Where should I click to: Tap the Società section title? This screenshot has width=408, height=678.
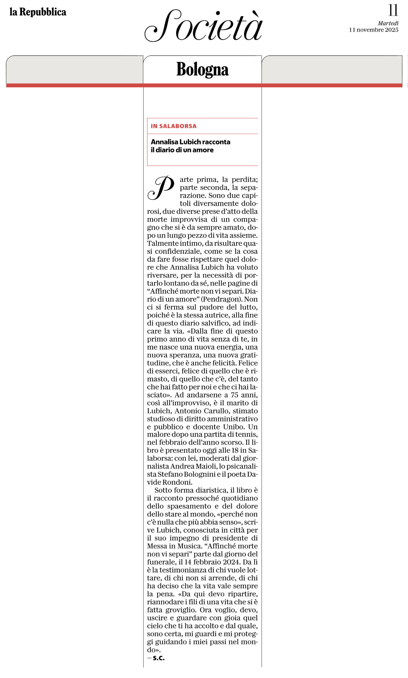tap(204, 26)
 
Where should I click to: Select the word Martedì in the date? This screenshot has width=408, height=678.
tap(388, 23)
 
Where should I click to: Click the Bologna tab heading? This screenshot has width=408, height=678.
tap(202, 69)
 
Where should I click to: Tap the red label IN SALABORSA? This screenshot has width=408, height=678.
tap(173, 126)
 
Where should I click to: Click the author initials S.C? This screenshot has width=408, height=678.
tap(159, 658)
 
